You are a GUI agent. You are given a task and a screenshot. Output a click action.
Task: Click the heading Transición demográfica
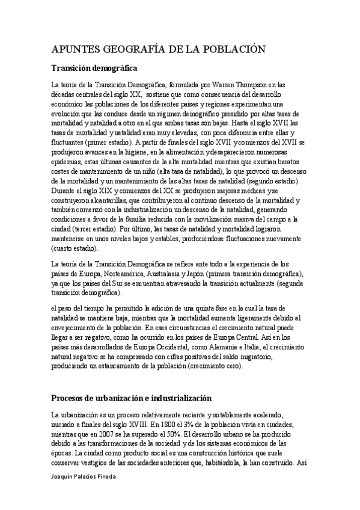tap(95, 68)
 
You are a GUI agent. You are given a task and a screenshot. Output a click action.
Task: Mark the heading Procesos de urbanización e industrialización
tap(132, 398)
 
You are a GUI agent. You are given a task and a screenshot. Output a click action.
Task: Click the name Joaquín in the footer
tap(64, 476)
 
